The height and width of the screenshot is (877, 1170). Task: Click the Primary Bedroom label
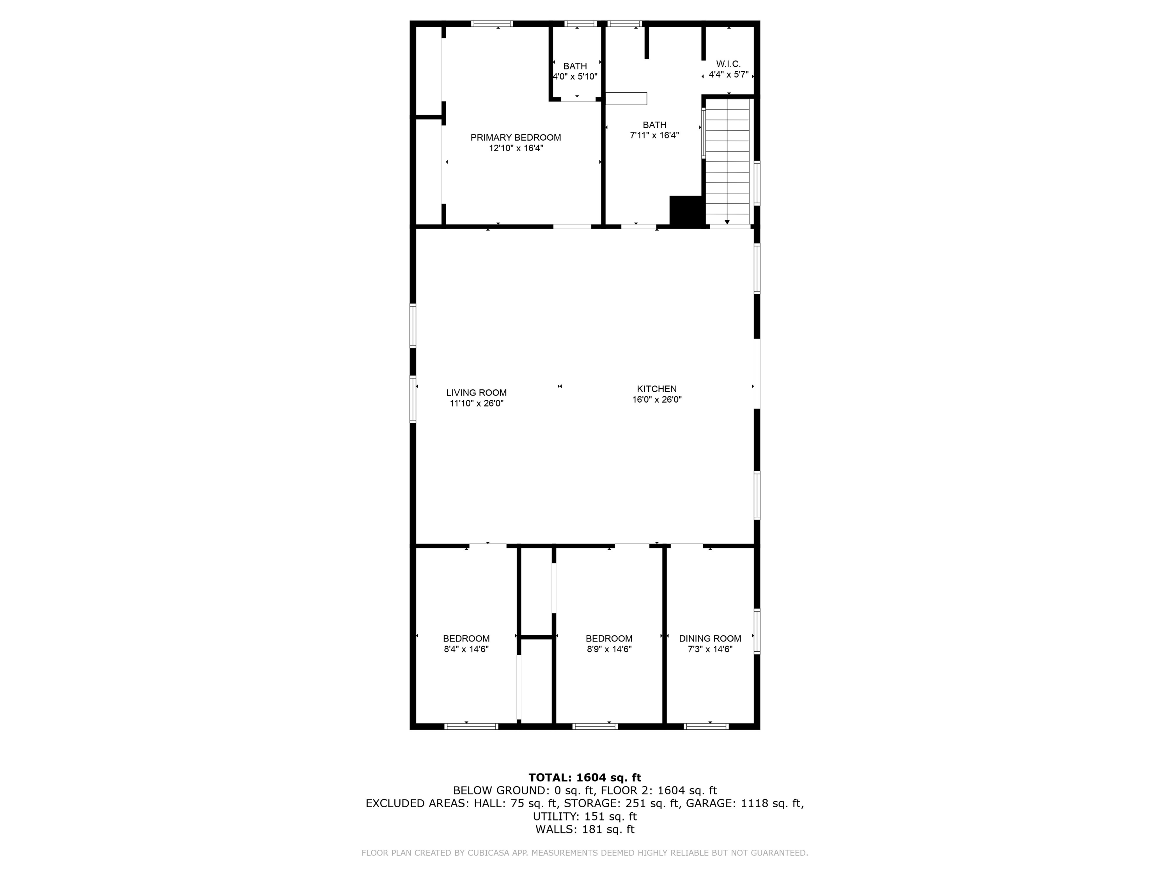[x=516, y=138]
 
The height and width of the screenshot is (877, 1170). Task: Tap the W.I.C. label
[x=729, y=64]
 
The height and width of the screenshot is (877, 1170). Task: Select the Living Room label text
[x=476, y=393]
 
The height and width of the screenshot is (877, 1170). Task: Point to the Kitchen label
[x=657, y=389]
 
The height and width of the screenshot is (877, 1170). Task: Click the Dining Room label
[x=710, y=638]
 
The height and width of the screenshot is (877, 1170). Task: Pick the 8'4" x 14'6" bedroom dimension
[x=466, y=649]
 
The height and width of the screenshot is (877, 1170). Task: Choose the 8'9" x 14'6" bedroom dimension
[x=609, y=649]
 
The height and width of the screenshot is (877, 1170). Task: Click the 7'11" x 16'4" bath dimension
[x=654, y=135]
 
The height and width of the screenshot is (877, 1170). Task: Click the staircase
[x=728, y=162]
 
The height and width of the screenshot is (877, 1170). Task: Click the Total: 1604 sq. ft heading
[x=585, y=778]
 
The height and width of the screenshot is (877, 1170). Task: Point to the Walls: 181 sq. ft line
[x=585, y=829]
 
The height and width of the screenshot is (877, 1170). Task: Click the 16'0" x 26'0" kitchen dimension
[x=657, y=400]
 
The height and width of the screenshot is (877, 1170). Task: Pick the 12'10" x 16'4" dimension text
[x=516, y=149]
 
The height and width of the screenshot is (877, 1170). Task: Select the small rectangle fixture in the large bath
[x=626, y=99]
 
